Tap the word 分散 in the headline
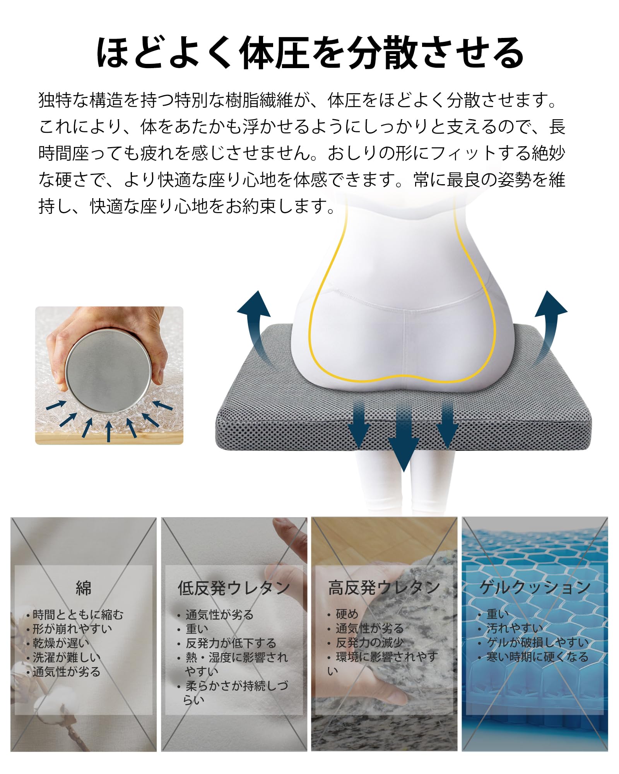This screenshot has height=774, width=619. point(382,53)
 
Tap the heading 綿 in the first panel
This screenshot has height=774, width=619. point(84,588)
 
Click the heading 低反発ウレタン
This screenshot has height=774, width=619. point(234,588)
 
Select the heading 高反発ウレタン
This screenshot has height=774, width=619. point(384,587)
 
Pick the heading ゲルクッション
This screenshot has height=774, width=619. point(535,587)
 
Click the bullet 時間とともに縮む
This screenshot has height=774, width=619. point(77,615)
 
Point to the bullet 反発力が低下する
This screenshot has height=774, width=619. point(231,643)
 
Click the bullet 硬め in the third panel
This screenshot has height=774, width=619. point(347,614)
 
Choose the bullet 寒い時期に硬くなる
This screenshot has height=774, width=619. point(537,657)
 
